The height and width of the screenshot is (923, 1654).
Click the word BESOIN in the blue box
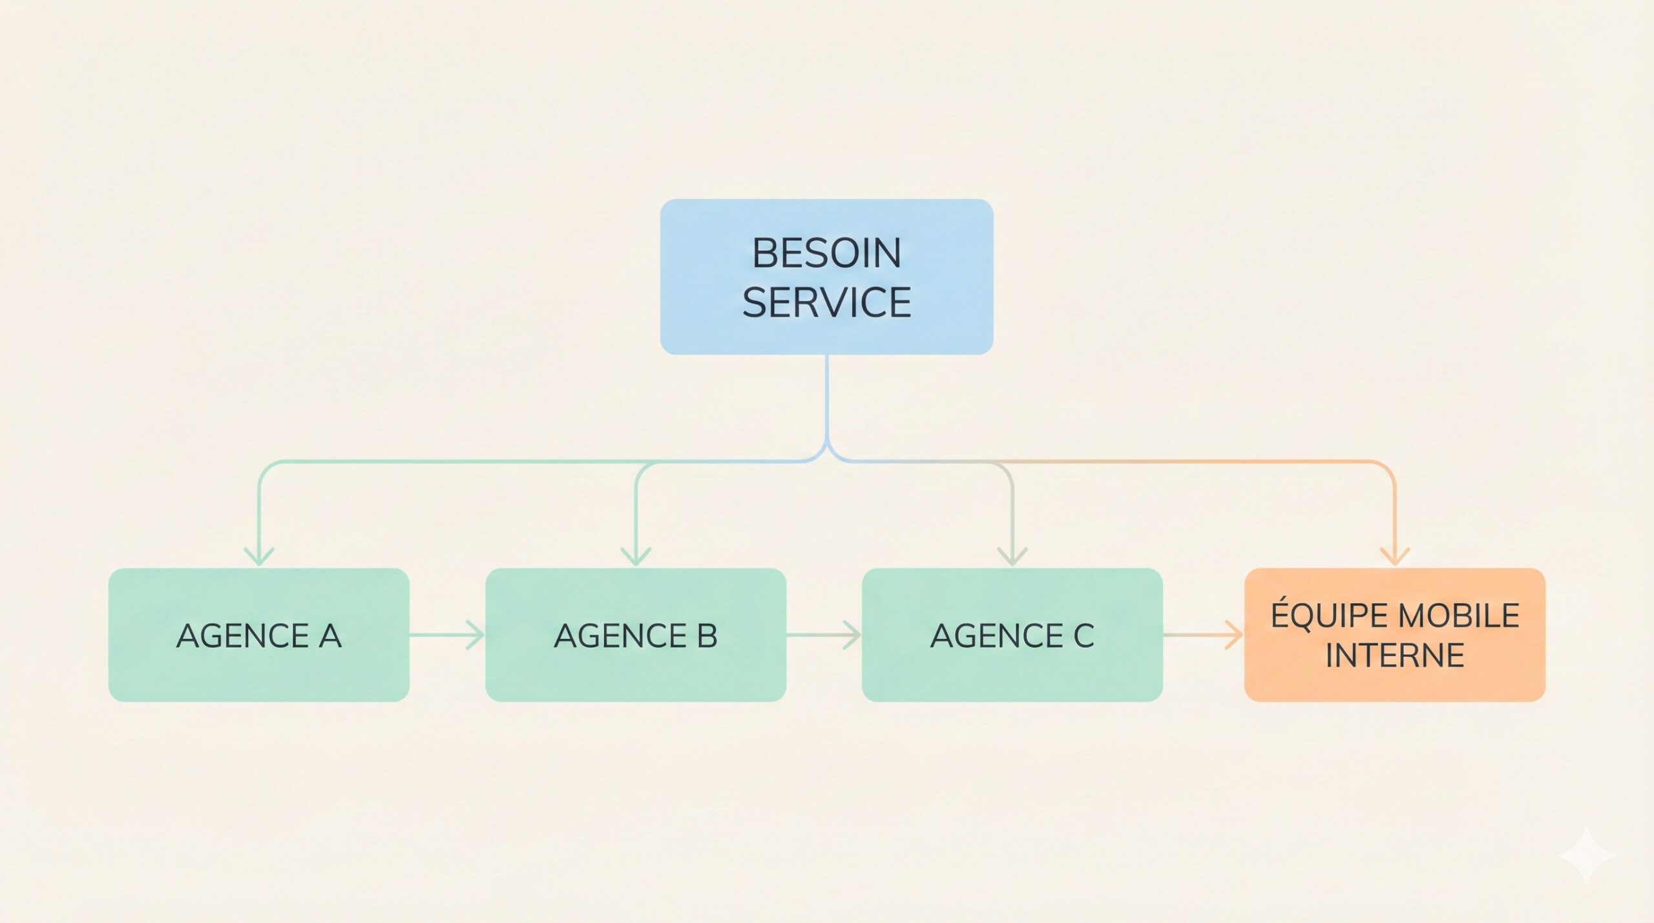click(826, 253)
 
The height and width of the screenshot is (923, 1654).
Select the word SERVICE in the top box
click(826, 302)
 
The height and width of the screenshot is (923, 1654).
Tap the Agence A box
click(258, 634)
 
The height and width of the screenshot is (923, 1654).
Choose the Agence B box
click(636, 634)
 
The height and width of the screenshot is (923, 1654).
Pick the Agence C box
click(1012, 634)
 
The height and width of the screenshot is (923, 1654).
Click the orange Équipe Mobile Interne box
click(1394, 634)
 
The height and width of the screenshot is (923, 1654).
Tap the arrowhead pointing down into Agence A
click(259, 555)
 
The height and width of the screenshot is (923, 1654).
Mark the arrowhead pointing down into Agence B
click(636, 555)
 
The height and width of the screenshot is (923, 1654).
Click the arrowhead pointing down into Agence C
click(1012, 555)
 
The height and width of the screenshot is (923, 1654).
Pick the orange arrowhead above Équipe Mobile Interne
click(1394, 555)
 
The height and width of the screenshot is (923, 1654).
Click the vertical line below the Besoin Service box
click(827, 400)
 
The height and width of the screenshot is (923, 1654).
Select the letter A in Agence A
click(330, 636)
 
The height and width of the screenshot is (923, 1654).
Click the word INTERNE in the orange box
click(1394, 656)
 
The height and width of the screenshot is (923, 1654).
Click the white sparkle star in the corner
click(1587, 856)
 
